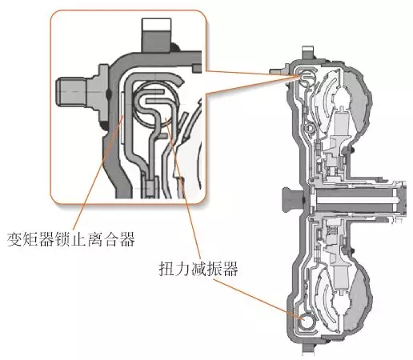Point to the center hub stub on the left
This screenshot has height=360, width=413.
click(290, 195)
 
